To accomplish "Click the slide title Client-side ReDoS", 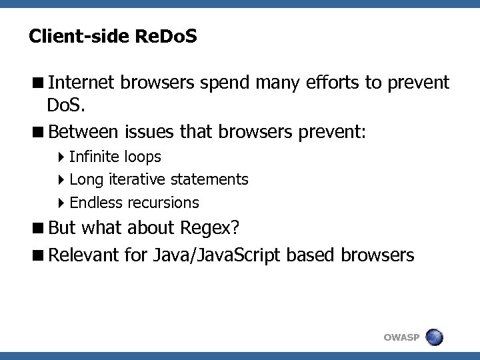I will pos(113,36).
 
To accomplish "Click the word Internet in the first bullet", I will pos(83,83).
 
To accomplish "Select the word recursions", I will pos(163,202).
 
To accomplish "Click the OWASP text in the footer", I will pos(401,337).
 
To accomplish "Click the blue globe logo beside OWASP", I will pos(433,337).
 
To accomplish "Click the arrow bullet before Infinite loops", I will pos(62,157).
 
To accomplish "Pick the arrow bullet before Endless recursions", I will pos(62,203).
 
